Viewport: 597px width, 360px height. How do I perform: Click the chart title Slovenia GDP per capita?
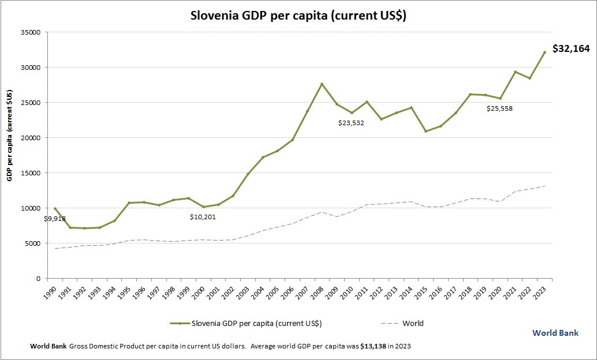pyautogui.click(x=298, y=16)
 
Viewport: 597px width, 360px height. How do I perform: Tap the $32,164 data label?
pyautogui.click(x=571, y=49)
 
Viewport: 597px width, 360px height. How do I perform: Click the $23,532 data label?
pyautogui.click(x=351, y=122)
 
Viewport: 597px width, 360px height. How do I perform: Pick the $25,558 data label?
pyautogui.click(x=499, y=108)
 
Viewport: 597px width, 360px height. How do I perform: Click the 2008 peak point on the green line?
pyautogui.click(x=322, y=84)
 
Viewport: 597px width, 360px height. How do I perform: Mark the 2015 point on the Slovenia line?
pyautogui.click(x=426, y=132)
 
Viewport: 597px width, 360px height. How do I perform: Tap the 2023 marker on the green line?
pyautogui.click(x=544, y=52)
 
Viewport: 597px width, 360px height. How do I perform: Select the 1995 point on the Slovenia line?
pyautogui.click(x=129, y=203)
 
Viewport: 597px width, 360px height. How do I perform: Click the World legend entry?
pyautogui.click(x=412, y=324)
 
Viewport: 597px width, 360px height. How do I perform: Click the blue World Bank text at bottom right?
pyautogui.click(x=555, y=333)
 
